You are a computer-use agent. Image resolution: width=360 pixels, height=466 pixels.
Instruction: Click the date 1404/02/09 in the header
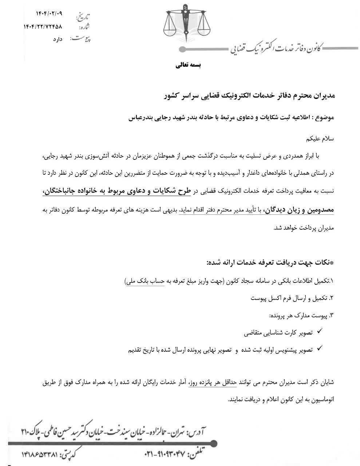49,13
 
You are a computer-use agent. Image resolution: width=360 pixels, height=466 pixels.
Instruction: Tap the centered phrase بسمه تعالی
189,66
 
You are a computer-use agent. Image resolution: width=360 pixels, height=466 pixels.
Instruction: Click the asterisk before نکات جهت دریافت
331,263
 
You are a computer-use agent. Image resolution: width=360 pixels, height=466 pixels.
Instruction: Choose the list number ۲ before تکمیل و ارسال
331,298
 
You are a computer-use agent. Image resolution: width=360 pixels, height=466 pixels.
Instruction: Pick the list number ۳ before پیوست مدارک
331,315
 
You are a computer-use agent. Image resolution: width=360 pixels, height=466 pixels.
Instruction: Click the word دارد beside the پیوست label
58,39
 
